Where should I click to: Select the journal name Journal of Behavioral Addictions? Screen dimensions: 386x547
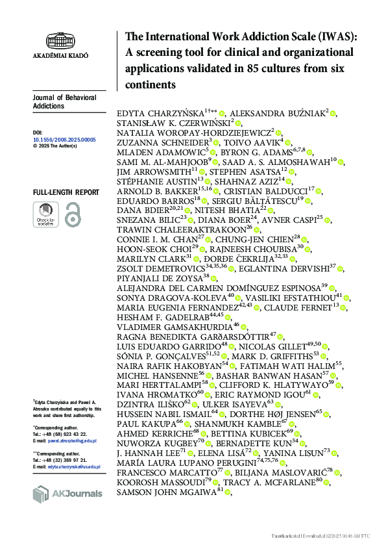64,101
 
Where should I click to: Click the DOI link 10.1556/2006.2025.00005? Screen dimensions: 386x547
64,140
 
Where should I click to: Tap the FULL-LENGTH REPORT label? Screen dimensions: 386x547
66,192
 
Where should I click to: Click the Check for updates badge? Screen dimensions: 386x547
45,214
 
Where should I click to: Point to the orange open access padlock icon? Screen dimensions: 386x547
73,214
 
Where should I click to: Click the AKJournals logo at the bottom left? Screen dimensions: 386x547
67,493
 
